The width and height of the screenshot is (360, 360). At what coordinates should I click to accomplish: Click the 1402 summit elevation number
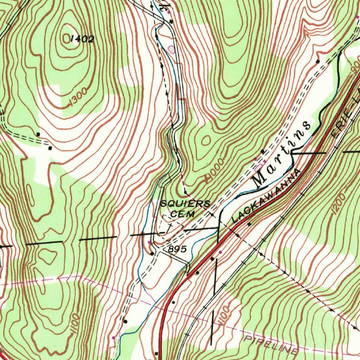click(82, 39)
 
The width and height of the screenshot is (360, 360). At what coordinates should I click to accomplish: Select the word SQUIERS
click(185, 204)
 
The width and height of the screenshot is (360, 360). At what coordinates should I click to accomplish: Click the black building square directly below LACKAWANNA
click(249, 224)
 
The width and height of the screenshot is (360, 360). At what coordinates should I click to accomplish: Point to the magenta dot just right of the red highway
click(220, 252)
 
